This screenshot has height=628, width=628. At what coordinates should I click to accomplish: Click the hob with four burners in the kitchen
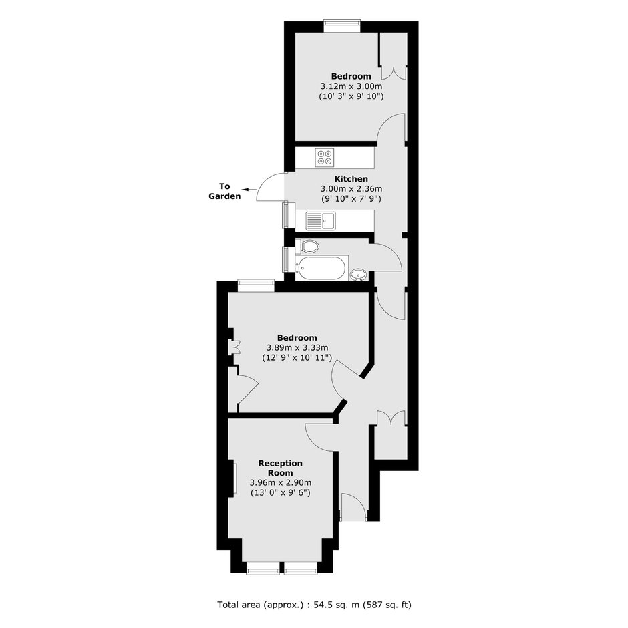(x=325, y=157)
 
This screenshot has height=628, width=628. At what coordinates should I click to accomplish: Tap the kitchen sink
(x=321, y=221)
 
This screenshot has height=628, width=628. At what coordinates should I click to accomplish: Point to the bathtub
(x=322, y=267)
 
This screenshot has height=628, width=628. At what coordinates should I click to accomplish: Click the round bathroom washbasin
(x=357, y=275)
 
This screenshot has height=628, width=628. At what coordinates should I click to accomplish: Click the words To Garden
(x=224, y=191)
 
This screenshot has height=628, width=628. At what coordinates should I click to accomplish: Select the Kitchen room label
(x=351, y=178)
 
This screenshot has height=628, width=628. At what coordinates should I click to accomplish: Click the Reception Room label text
(x=281, y=468)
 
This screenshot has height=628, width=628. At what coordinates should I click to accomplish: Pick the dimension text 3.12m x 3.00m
(x=351, y=86)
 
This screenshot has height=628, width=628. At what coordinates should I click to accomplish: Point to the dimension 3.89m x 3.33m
(x=297, y=347)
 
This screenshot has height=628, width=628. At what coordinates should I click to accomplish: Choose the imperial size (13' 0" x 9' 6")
(x=281, y=492)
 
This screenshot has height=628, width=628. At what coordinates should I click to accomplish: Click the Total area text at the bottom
(x=315, y=605)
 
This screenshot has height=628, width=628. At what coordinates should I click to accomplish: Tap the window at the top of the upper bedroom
(x=341, y=27)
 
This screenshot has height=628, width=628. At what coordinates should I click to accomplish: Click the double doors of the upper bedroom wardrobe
(x=394, y=72)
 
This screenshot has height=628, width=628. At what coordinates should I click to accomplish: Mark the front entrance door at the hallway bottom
(x=354, y=506)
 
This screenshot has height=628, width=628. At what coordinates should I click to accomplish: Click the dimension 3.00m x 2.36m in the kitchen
(x=351, y=188)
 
